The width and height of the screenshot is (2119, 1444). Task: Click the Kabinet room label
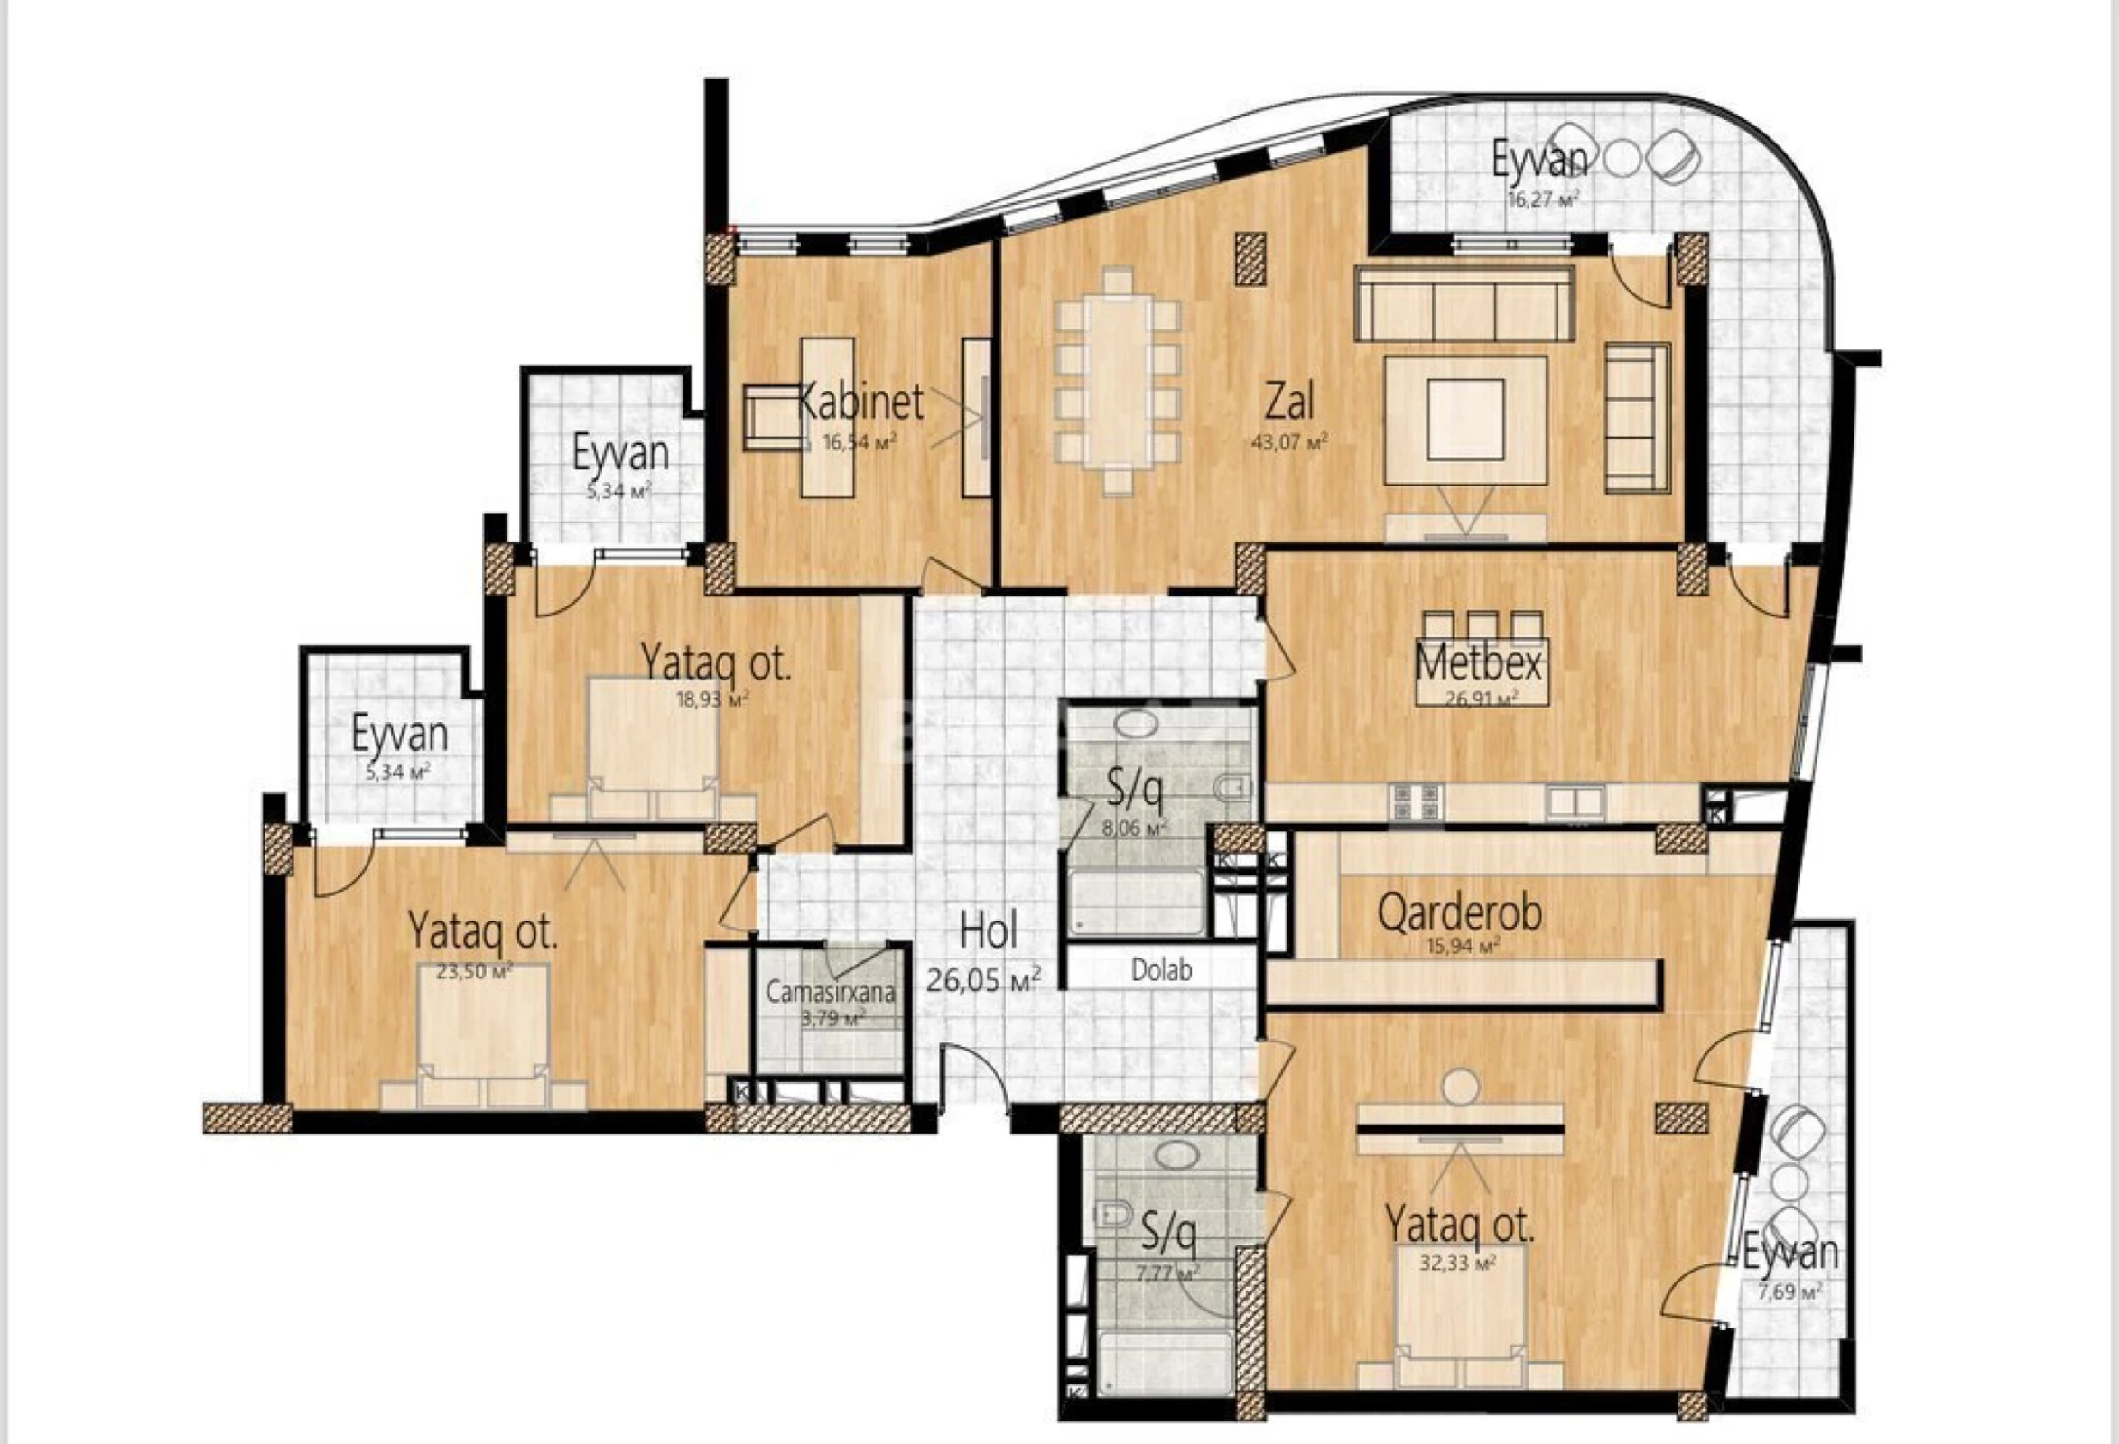click(x=860, y=402)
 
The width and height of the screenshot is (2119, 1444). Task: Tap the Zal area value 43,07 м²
click(x=1289, y=443)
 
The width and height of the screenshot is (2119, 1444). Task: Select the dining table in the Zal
click(x=1118, y=381)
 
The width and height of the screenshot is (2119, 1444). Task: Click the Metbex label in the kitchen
click(x=1478, y=662)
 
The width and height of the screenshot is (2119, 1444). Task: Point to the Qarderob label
click(x=1459, y=912)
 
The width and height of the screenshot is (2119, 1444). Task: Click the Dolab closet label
click(x=1162, y=970)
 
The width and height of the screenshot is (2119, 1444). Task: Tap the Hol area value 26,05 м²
click(x=984, y=981)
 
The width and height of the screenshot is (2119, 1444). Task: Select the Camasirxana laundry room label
click(x=830, y=992)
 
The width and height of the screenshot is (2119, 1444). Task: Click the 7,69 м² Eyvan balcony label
click(x=1789, y=1255)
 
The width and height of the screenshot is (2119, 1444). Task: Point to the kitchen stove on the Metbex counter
click(x=1415, y=801)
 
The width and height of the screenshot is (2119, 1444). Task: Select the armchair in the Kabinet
click(x=772, y=418)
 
